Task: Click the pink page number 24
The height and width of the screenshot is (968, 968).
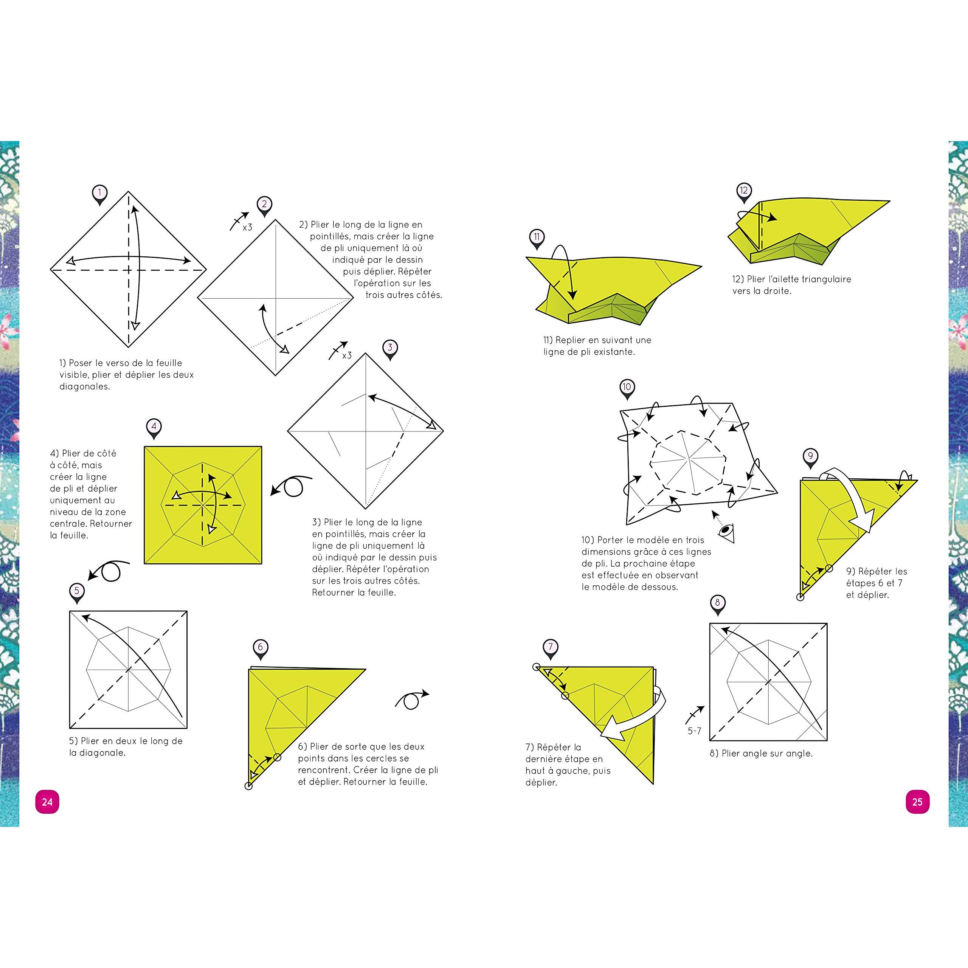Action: click(47, 802)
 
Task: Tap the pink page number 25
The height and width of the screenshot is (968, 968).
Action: click(917, 802)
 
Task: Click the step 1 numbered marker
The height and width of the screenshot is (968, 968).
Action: click(100, 194)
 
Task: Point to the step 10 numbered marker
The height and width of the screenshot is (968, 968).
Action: click(627, 388)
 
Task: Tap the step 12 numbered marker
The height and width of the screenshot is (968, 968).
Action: click(743, 192)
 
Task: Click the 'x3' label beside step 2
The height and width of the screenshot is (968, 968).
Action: click(248, 228)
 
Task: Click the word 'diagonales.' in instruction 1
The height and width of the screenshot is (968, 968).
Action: click(85, 386)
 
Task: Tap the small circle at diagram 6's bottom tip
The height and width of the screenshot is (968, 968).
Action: click(248, 786)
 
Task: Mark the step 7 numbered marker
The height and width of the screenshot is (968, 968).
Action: click(551, 648)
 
